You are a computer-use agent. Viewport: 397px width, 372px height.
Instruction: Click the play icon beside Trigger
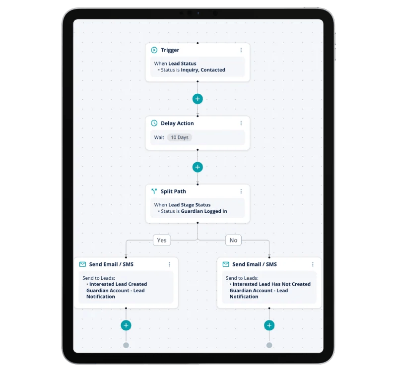click(x=154, y=50)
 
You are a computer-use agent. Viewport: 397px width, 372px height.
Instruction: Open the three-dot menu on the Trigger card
click(x=241, y=50)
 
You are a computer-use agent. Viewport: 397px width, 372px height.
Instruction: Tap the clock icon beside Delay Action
click(x=154, y=123)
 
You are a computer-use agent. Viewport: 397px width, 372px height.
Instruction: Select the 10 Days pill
click(x=180, y=137)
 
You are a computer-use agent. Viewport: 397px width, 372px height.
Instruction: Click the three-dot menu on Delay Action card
click(x=241, y=123)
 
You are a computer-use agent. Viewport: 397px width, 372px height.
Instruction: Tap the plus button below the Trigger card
click(x=198, y=99)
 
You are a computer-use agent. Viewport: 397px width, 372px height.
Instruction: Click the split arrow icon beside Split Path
click(x=154, y=191)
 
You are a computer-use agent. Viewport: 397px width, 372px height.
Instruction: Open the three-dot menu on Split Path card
click(x=241, y=191)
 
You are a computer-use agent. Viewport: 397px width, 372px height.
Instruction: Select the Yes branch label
click(x=162, y=240)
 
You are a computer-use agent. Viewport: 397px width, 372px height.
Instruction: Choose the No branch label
click(x=233, y=240)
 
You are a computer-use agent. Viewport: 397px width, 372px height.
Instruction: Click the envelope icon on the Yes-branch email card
click(x=82, y=264)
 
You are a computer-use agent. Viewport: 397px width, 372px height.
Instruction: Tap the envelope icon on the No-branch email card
click(x=226, y=264)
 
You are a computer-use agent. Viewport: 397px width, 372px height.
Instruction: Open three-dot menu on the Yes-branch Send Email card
click(x=169, y=264)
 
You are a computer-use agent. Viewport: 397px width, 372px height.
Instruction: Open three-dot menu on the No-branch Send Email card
click(x=313, y=264)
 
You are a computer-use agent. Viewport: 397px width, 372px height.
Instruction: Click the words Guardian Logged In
click(x=204, y=211)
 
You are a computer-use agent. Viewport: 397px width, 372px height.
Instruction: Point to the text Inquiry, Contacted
click(x=203, y=70)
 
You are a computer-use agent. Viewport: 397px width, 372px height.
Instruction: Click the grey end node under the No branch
click(x=269, y=345)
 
